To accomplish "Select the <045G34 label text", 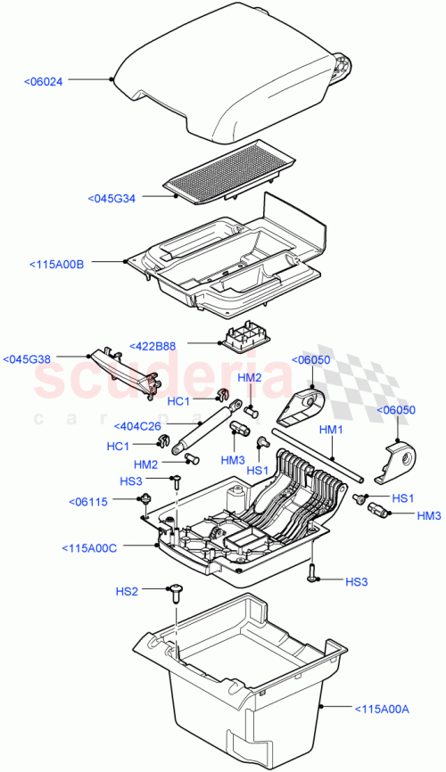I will click(x=111, y=198).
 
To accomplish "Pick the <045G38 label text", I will click(x=27, y=359).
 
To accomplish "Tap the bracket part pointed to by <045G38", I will click(x=125, y=370).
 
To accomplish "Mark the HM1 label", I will click(x=331, y=430).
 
